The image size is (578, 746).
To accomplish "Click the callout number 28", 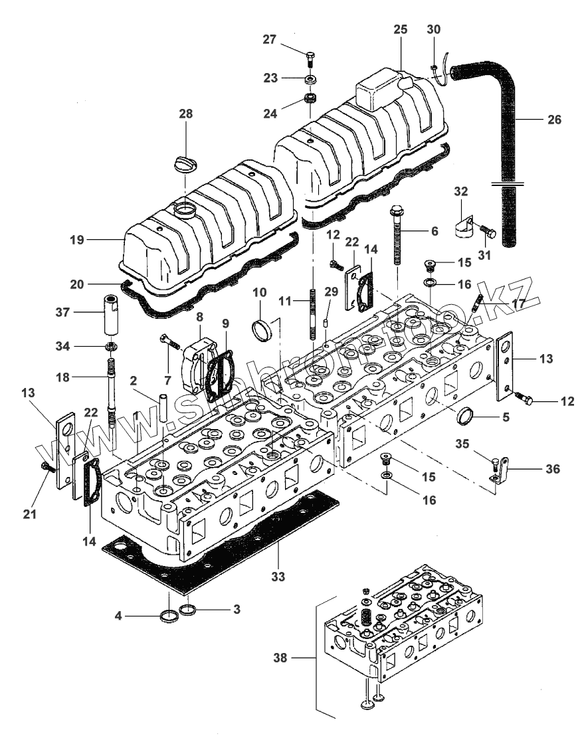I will [185, 114].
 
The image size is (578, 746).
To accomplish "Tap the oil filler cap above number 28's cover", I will [187, 163].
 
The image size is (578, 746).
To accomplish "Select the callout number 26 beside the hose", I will [553, 120].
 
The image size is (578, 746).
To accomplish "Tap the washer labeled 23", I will [310, 80].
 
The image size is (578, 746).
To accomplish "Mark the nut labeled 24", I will [310, 99].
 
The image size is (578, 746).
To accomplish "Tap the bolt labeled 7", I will [169, 343].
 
